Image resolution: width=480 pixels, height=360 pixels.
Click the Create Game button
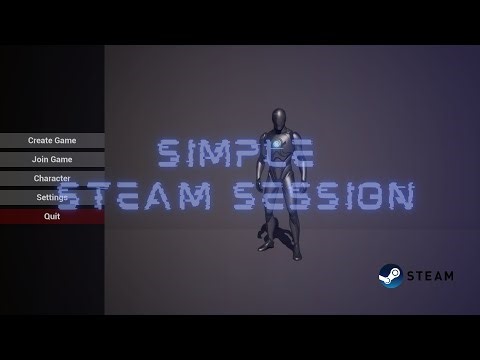pos(52,140)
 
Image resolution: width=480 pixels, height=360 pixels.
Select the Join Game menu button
pos(52,159)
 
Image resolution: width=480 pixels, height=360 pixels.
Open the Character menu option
pos(52,178)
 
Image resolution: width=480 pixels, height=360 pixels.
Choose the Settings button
pos(52,197)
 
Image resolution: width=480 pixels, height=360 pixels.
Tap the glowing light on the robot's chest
pos(277,149)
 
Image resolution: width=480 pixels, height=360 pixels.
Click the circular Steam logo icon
pos(390,275)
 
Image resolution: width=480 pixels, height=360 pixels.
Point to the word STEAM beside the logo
pos(430,276)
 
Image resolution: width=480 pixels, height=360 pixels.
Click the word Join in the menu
pos(40,159)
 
